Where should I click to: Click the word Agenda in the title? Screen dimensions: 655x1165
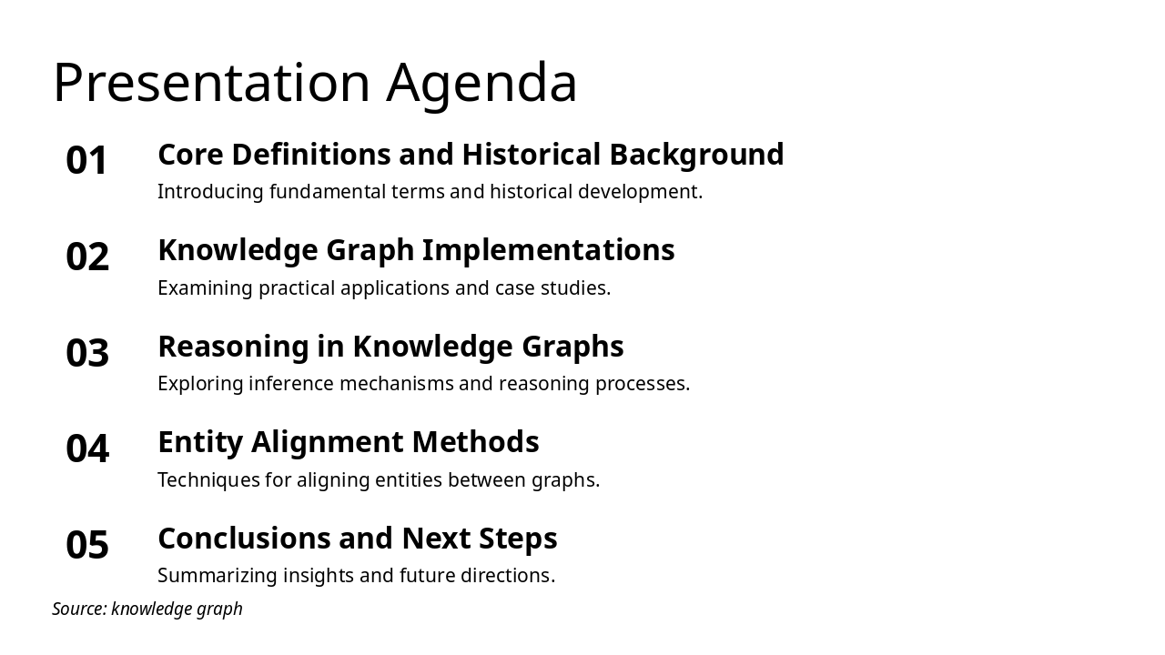pos(481,83)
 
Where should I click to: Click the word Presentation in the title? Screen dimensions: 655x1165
pos(211,83)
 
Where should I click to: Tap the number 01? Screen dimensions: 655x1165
pos(87,161)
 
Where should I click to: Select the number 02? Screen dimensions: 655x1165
pos(87,257)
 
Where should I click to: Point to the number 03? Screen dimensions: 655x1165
pos(87,353)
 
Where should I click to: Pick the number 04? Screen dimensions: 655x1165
pos(87,449)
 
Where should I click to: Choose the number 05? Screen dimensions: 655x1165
pos(87,545)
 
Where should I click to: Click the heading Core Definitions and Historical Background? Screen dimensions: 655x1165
pos(471,155)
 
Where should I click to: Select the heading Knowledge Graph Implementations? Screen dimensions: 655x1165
pos(416,250)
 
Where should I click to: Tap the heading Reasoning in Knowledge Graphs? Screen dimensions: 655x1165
pos(390,347)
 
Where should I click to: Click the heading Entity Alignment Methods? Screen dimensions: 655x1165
pos(349,442)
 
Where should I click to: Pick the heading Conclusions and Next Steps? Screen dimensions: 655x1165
pos(358,539)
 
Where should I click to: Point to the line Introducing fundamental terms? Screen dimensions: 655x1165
pos(430,192)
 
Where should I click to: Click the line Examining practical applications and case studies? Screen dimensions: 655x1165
pos(384,288)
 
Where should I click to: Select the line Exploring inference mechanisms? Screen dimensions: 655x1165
pos(423,384)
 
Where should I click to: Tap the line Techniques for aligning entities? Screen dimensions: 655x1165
pos(379,480)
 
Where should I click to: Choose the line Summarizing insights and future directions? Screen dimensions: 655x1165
pos(356,576)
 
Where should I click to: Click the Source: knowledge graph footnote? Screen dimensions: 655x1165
pos(147,609)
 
